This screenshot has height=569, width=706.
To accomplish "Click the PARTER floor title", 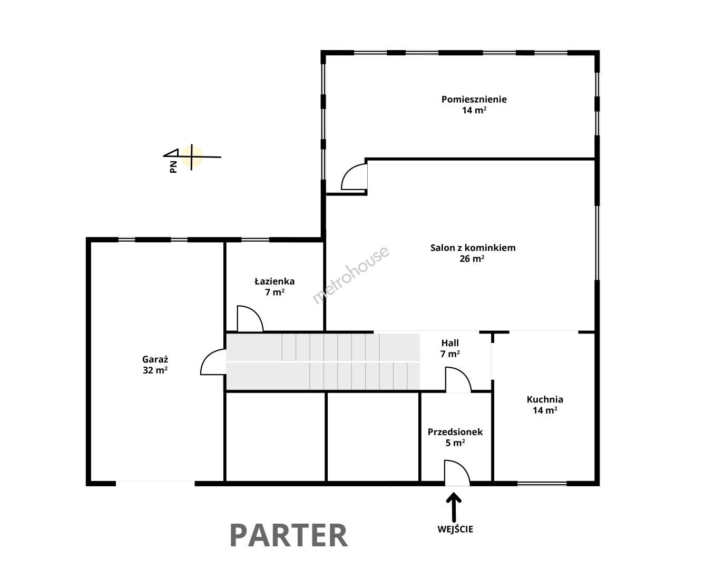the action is coord(289,535).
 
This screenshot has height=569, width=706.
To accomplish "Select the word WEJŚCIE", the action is coord(455,529).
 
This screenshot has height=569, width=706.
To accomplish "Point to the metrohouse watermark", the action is coord(350,275).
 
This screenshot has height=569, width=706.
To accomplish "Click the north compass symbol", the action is coord(192,157).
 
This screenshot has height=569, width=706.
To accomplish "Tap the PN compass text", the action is coord(173,167).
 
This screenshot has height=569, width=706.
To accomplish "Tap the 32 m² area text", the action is coord(155,370).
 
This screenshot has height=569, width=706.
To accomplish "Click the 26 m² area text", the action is coord(472,259).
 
